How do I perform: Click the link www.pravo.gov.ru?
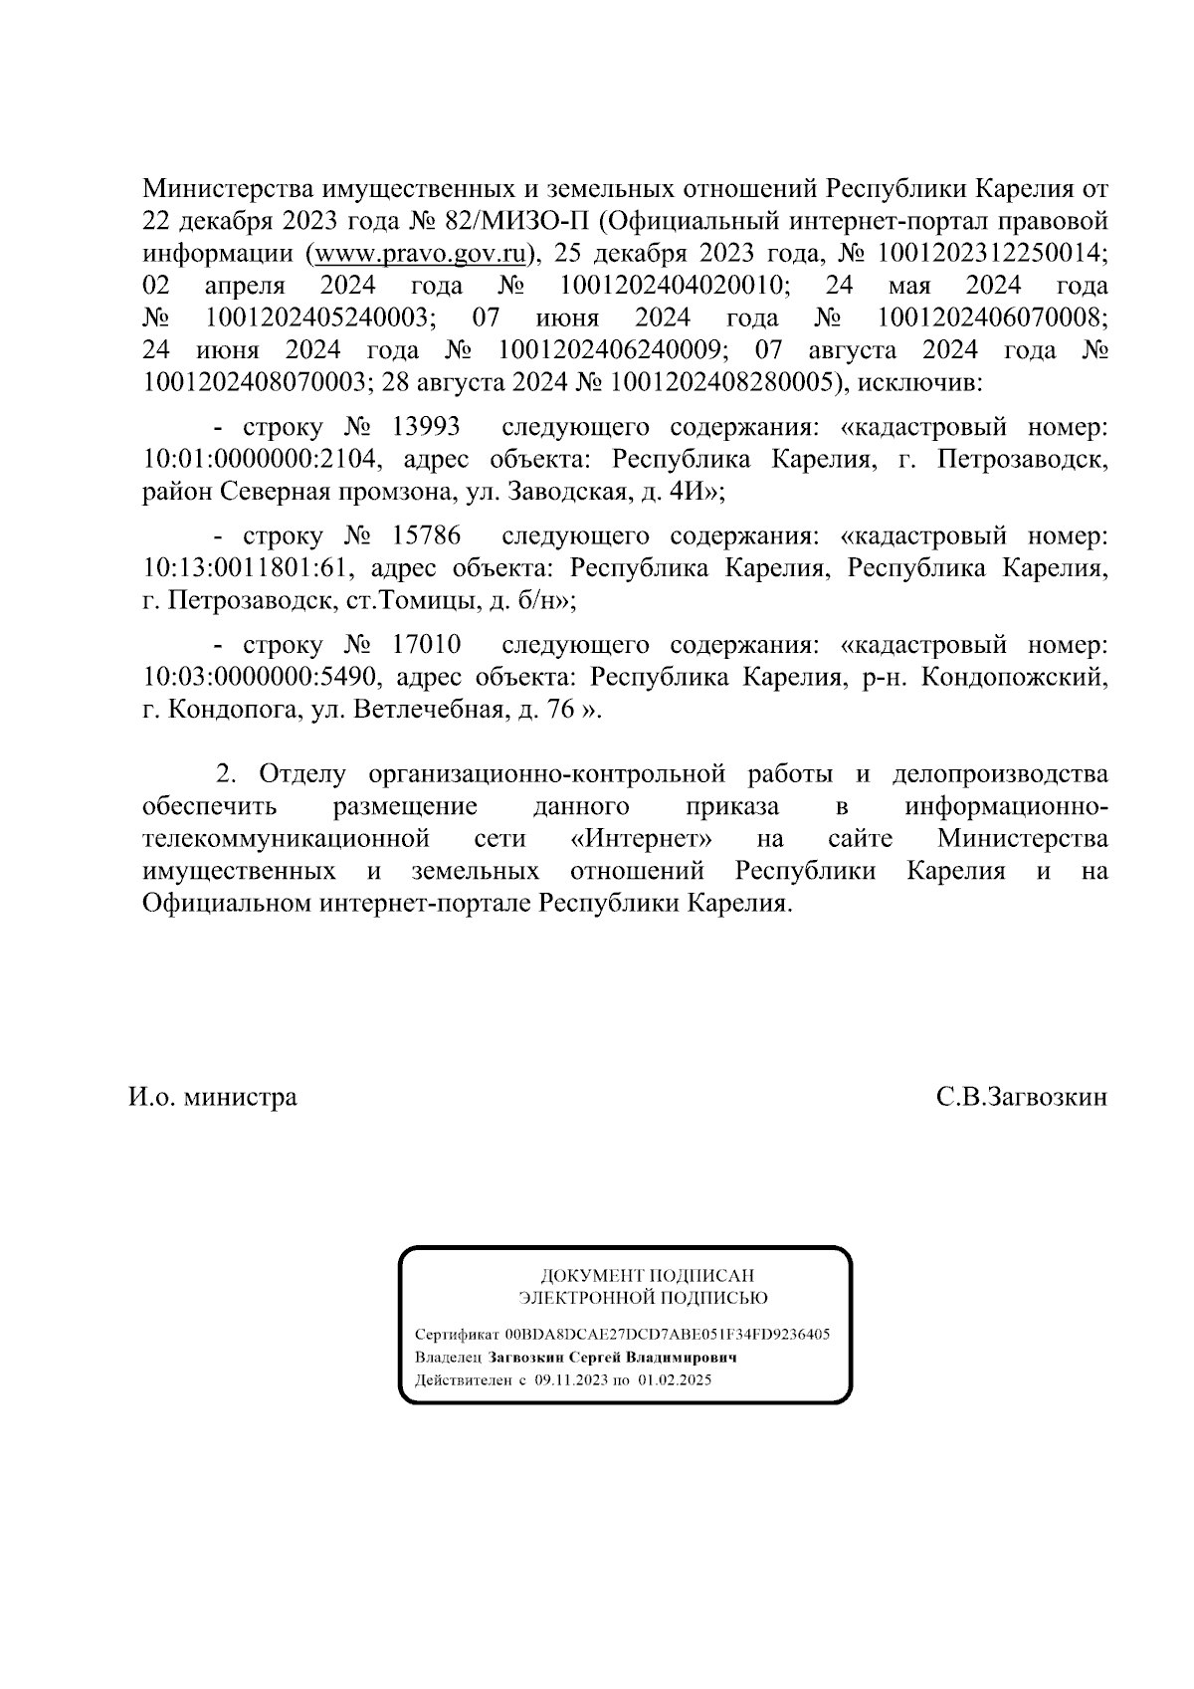422,254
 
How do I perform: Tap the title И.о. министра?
212,1097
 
